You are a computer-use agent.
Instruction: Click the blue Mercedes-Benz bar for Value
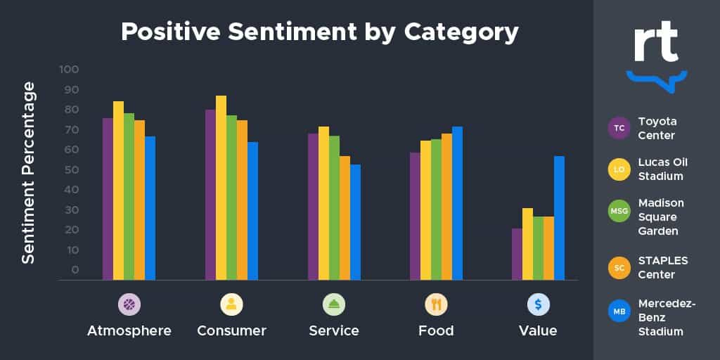(x=559, y=218)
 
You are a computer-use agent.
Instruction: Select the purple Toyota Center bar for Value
(x=517, y=254)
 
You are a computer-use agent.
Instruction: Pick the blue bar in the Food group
(x=457, y=203)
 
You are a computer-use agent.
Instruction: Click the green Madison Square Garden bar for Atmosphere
(x=129, y=196)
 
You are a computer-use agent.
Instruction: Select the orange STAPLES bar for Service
(x=345, y=218)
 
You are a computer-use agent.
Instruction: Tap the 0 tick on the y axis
(x=75, y=270)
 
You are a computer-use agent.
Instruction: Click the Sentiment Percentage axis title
(x=28, y=172)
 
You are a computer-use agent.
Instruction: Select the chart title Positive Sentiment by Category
(x=320, y=32)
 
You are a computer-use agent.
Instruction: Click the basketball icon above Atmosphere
(x=129, y=304)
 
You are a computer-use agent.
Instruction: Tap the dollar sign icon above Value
(x=538, y=304)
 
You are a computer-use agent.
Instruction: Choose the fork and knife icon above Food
(x=436, y=304)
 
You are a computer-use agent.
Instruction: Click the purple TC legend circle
(x=619, y=128)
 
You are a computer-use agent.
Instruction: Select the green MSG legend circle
(x=619, y=210)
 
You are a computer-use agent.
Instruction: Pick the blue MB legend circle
(x=619, y=310)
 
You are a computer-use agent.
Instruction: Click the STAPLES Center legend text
(x=662, y=267)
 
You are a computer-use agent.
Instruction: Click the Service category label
(x=334, y=330)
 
